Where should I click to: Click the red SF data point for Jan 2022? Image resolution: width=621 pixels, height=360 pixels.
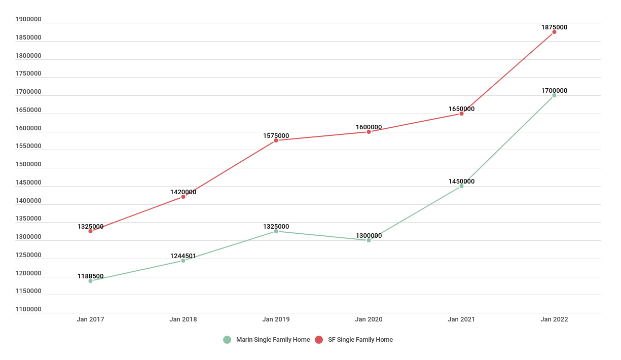coord(554,32)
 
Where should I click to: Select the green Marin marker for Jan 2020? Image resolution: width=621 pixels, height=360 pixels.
coord(369,240)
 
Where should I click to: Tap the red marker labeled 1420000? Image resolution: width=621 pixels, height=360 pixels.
coord(183,197)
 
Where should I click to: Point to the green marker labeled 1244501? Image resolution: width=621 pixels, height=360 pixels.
coord(183,261)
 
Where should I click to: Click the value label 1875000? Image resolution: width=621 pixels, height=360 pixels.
coord(554,27)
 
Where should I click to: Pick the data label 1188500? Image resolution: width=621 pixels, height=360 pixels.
coord(90,276)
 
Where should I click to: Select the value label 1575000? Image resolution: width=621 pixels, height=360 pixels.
coord(276,136)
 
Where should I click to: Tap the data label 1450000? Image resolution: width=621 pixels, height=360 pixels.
coord(461,182)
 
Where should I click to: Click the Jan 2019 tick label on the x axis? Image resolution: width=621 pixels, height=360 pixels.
coord(276,319)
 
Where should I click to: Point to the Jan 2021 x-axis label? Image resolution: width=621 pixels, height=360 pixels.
coord(461,319)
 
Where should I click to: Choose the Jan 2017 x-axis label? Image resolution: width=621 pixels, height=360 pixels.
coord(90,319)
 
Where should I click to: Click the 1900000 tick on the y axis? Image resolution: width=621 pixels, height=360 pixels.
coord(28,19)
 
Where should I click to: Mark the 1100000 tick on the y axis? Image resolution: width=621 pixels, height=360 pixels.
coord(28,309)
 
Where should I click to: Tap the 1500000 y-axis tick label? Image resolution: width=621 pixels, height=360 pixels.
coord(28,164)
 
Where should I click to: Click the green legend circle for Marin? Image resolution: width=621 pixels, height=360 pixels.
coord(227,340)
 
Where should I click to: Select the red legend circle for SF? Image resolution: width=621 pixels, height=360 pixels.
coord(319,340)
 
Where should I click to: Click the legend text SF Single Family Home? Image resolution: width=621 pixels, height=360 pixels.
coord(360,340)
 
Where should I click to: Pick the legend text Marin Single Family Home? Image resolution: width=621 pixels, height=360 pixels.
coord(273,340)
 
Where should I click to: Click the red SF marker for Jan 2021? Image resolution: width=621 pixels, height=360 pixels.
coord(461,114)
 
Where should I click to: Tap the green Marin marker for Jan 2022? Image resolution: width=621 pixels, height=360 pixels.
coord(554,95)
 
